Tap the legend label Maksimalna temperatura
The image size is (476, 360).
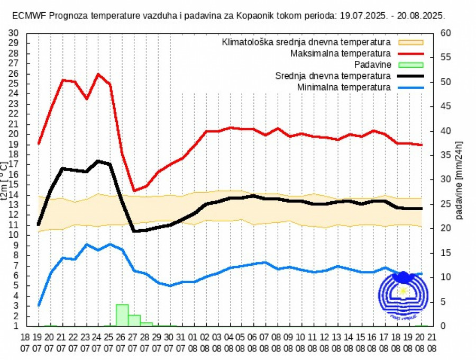(x=341, y=53)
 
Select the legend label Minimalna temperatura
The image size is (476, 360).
(x=344, y=87)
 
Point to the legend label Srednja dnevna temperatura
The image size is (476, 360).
(x=333, y=76)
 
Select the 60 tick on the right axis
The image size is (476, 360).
(x=445, y=33)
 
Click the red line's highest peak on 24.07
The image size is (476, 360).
(x=98, y=74)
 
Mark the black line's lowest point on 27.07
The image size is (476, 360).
(x=134, y=231)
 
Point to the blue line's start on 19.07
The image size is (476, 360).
(x=39, y=305)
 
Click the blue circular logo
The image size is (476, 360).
(x=404, y=295)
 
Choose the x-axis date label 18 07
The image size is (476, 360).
(x=25, y=343)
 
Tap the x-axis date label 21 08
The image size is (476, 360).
(x=433, y=343)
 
